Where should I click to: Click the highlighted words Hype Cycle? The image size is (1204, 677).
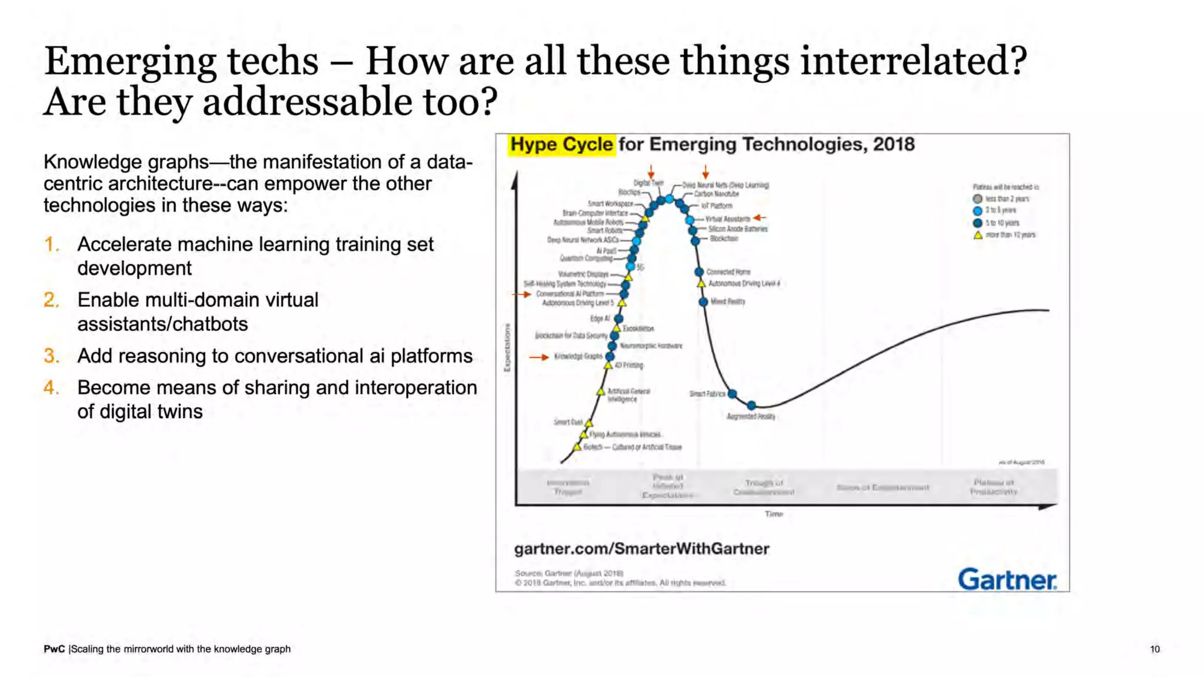click(x=561, y=145)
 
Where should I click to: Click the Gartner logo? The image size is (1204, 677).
click(x=1007, y=579)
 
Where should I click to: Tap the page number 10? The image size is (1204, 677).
click(x=1155, y=649)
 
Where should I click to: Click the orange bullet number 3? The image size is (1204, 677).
click(x=51, y=356)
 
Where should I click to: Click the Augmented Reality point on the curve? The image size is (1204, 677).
click(x=751, y=405)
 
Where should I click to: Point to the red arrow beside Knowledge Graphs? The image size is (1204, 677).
click(x=539, y=357)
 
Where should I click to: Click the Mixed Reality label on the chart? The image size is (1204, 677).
click(x=728, y=301)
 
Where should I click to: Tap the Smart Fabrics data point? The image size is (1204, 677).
click(x=732, y=394)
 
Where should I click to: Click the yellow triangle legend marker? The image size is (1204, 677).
click(x=978, y=235)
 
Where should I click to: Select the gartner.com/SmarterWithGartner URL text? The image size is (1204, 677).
click(x=641, y=549)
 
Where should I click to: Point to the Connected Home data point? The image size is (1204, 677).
click(x=699, y=272)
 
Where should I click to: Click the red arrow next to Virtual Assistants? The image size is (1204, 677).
click(x=760, y=218)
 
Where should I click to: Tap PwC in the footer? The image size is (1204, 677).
click(x=54, y=649)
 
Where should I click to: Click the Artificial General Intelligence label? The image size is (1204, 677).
click(x=628, y=395)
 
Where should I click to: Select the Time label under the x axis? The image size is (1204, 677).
click(x=774, y=514)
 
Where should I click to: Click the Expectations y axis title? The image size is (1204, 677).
click(x=507, y=347)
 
